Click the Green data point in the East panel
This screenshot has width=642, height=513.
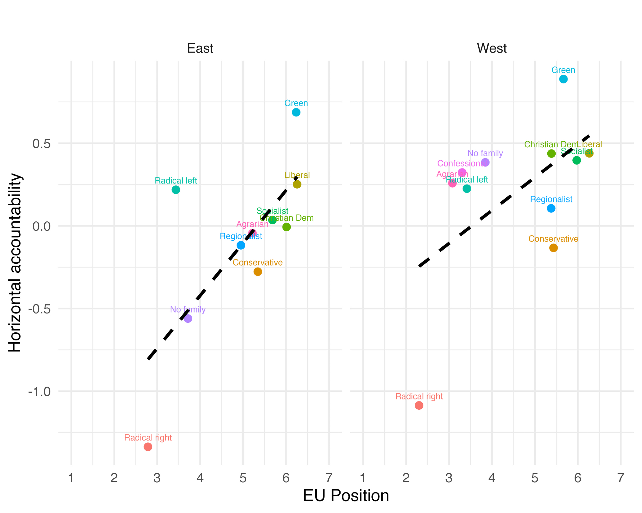296,112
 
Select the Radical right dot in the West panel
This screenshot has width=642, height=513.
419,405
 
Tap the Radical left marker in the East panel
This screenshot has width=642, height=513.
176,190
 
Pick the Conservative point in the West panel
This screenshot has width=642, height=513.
553,248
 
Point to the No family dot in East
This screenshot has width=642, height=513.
188,318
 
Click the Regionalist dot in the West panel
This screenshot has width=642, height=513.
551,208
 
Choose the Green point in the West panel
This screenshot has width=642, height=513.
563,79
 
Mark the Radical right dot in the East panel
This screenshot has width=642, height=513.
148,447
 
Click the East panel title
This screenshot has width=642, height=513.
200,48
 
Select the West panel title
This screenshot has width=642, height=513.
492,48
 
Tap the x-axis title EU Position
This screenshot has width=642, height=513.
346,496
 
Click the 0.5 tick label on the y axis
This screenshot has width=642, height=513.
42,144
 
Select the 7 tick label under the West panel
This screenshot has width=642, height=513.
621,478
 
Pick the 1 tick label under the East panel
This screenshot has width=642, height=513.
71,478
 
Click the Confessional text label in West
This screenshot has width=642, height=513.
462,164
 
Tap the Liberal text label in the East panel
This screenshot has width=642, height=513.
297,175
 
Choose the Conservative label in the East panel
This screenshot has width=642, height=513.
257,263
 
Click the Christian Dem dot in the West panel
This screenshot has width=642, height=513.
551,154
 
